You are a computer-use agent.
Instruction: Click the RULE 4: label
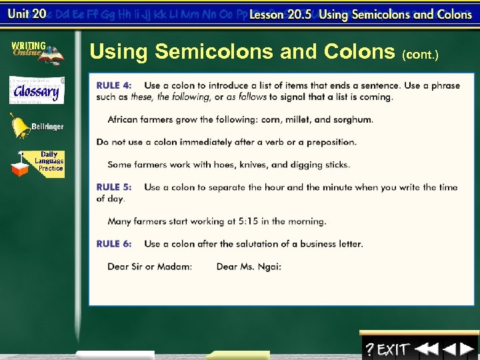coord(114,85)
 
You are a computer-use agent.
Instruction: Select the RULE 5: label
coord(114,187)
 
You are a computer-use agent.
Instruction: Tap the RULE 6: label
coord(114,244)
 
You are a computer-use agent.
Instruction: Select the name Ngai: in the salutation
coord(268,267)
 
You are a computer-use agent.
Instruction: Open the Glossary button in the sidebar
coord(37,90)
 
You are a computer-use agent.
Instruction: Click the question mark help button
coord(369,349)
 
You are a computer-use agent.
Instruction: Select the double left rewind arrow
coord(425,349)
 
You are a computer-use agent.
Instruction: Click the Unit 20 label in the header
coord(26,13)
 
